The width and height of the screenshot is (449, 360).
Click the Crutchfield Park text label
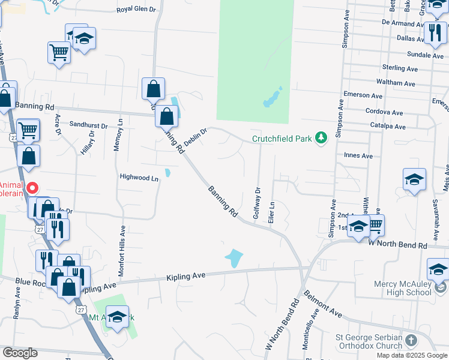(x=282, y=139)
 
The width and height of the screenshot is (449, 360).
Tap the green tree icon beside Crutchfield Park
(x=322, y=139)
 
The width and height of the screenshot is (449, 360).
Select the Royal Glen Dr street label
(x=136, y=10)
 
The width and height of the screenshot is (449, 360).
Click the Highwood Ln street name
(x=139, y=178)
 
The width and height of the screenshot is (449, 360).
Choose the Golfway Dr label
(x=258, y=202)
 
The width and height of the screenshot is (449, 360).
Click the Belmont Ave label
(x=323, y=304)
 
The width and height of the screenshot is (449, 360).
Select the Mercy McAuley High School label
(x=393, y=288)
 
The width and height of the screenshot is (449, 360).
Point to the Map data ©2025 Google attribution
(x=412, y=355)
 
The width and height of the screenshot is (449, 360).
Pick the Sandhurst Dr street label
(x=88, y=126)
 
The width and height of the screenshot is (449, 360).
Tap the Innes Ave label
(x=358, y=155)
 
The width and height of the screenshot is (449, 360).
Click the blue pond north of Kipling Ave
(x=234, y=259)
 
